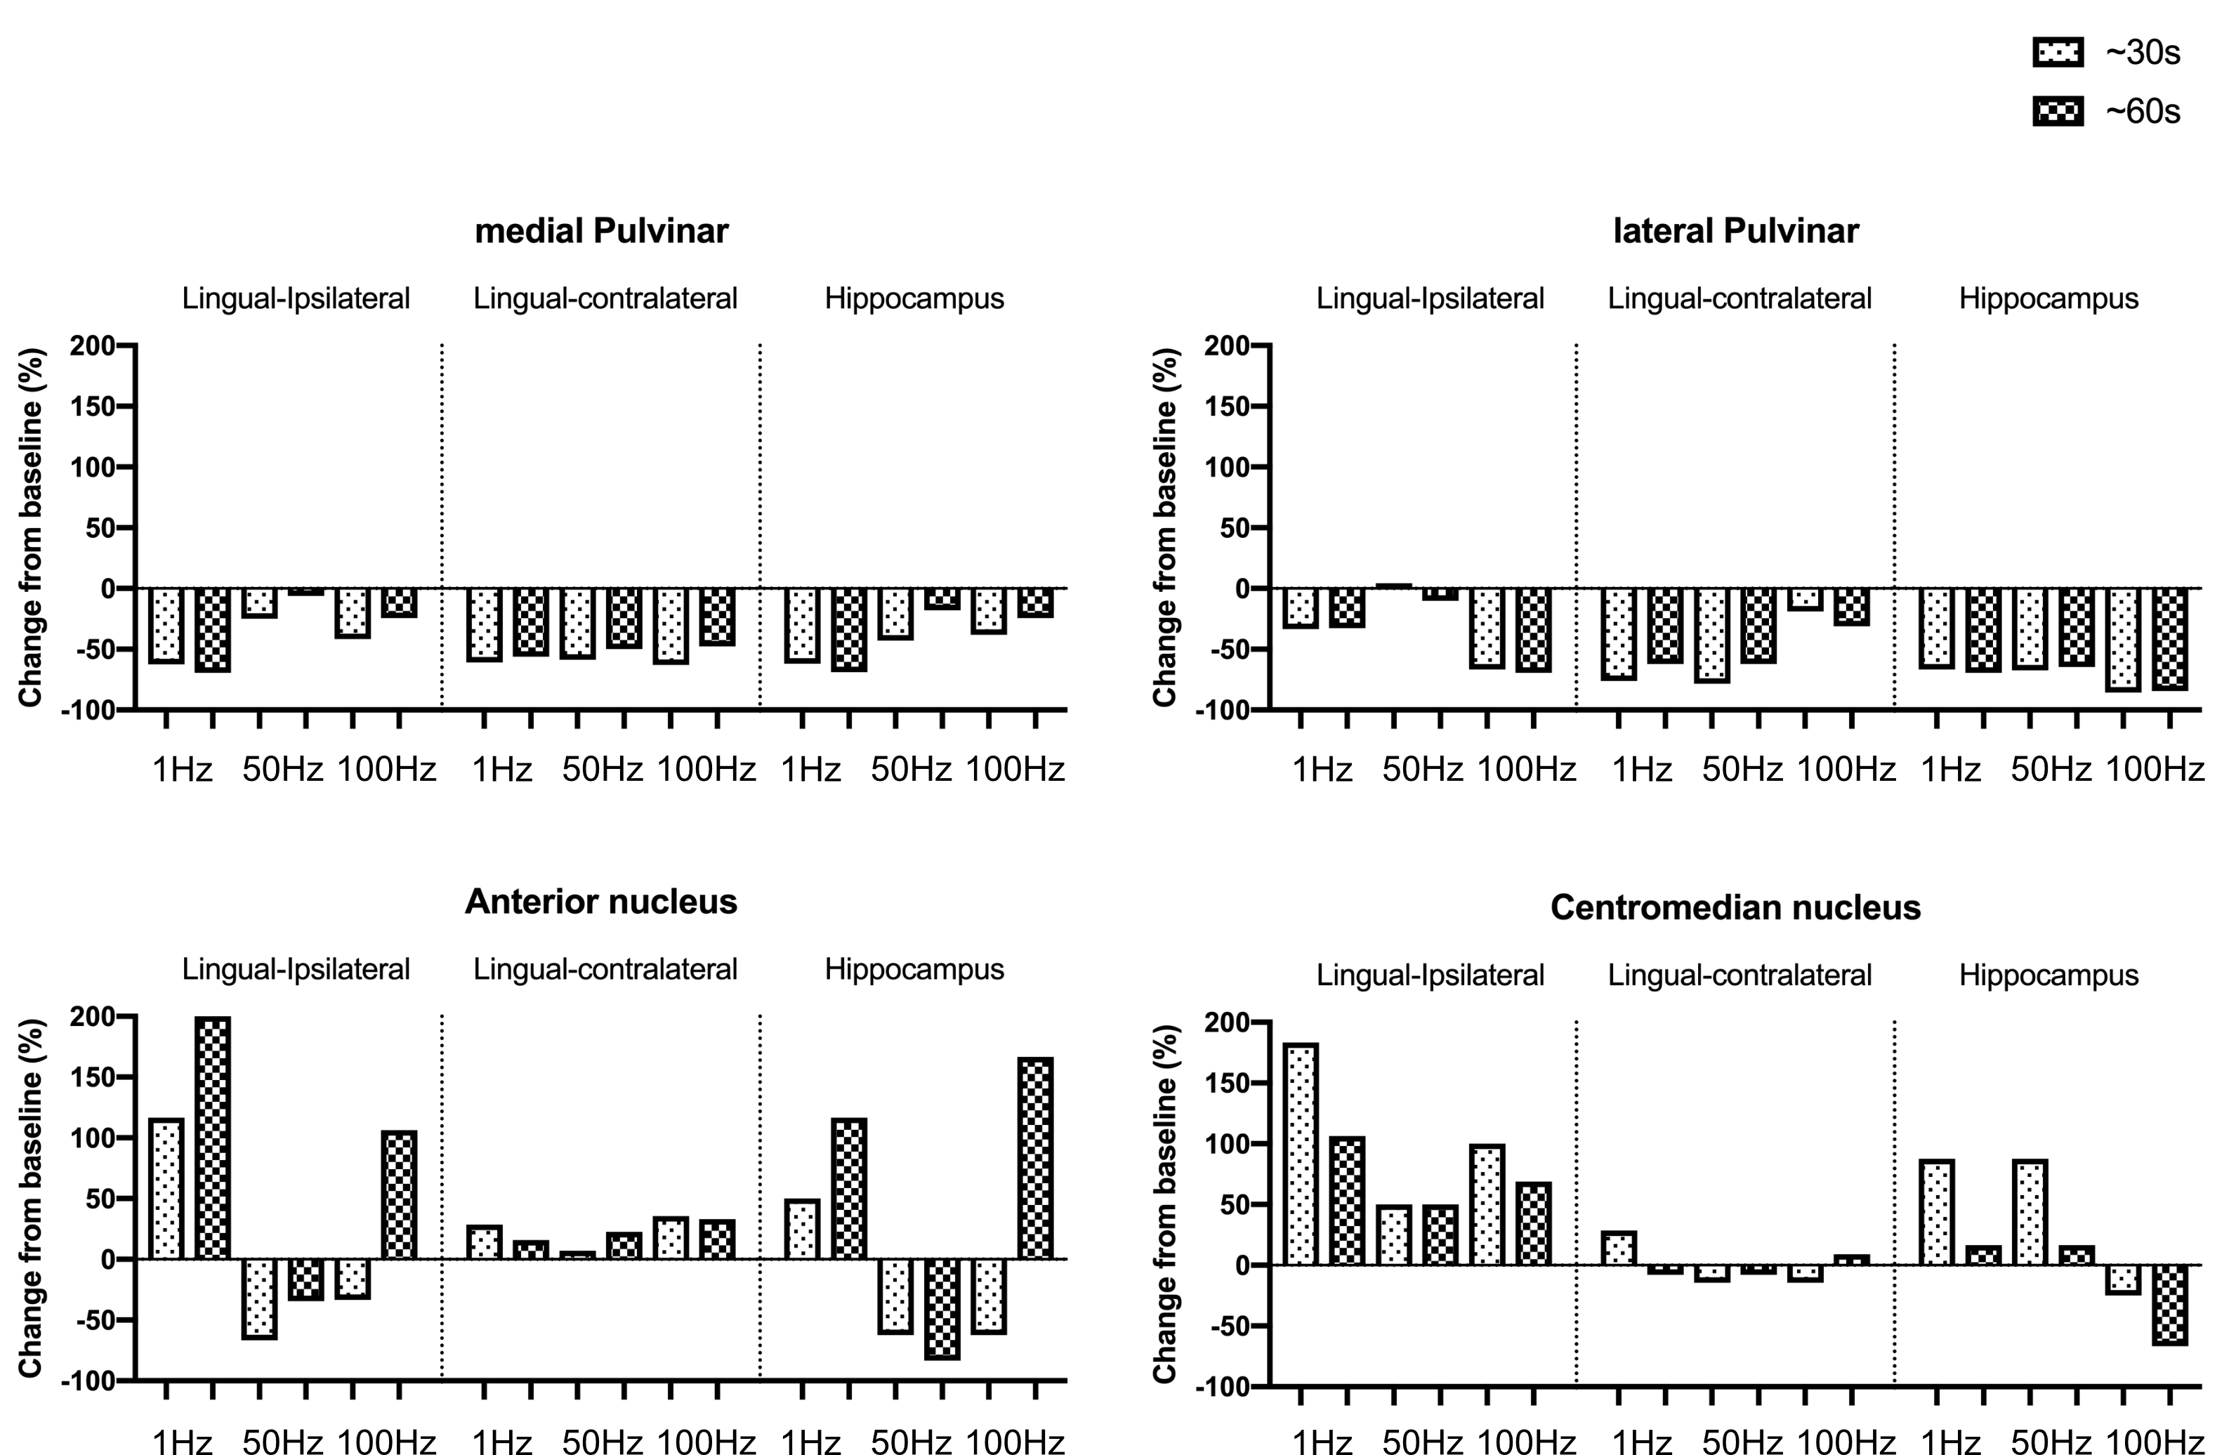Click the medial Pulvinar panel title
(601, 231)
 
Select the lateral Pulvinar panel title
(1735, 231)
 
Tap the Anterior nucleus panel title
(601, 902)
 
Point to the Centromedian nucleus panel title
(1735, 907)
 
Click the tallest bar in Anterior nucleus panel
(212, 1138)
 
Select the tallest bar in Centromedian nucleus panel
(1301, 1154)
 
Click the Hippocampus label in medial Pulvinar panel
(914, 298)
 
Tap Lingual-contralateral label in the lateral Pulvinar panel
(1739, 298)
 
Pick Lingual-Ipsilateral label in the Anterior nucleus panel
(296, 969)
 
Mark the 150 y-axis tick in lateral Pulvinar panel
(1226, 407)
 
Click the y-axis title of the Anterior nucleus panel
(30, 1197)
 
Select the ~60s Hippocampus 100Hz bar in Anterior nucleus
(1035, 1158)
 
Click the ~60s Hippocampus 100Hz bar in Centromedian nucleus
(2170, 1305)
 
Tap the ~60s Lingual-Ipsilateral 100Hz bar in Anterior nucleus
(400, 1194)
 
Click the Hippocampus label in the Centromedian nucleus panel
(2048, 975)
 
